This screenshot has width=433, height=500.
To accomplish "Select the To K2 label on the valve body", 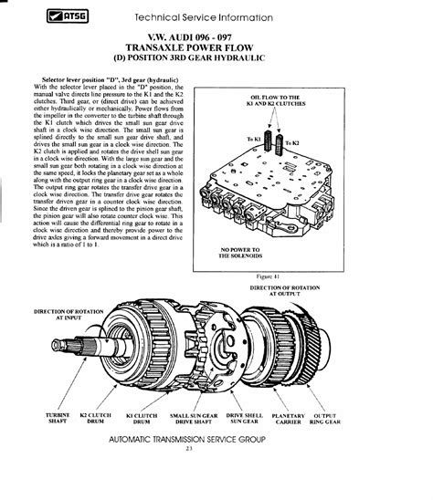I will (x=291, y=143).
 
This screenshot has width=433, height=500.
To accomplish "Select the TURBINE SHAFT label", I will (x=58, y=420).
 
